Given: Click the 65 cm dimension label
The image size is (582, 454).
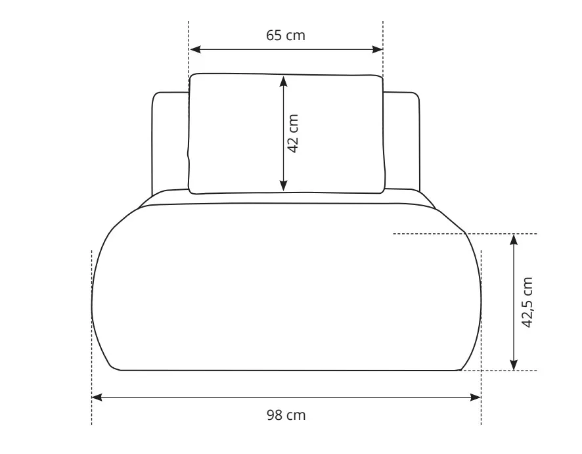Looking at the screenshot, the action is pos(286,35).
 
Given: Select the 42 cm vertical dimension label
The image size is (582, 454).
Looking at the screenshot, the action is pos(293,133).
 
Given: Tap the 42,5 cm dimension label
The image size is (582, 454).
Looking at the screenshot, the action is pos(527,302).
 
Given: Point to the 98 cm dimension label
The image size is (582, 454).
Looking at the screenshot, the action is pos(286,415).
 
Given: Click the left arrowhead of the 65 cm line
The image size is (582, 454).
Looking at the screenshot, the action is pos(195,49).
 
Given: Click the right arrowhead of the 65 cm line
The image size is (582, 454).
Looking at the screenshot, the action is pos(377,49).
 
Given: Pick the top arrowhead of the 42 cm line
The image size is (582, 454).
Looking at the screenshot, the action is pos(284,81).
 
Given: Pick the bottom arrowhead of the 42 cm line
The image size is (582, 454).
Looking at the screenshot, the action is pos(284,186).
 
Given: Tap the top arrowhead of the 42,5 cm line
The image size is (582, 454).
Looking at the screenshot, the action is pos(514,240).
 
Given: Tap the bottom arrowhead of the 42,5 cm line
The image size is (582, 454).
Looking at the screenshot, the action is pos(514,365).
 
